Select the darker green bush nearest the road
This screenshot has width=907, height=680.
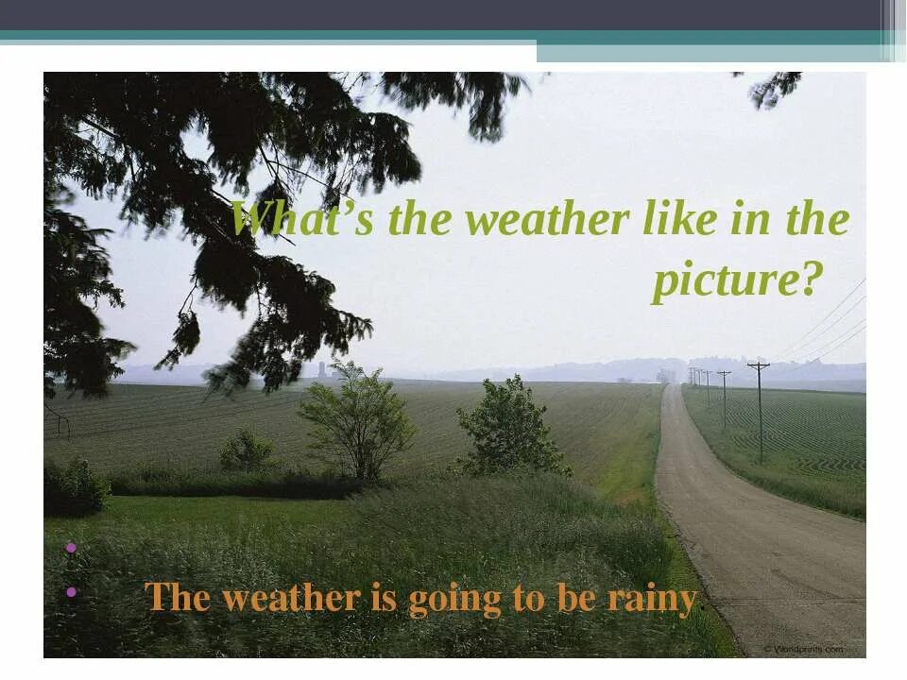coord(510,427)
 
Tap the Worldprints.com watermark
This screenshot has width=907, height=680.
coord(803,649)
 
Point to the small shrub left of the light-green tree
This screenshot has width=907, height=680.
coord(248,450)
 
